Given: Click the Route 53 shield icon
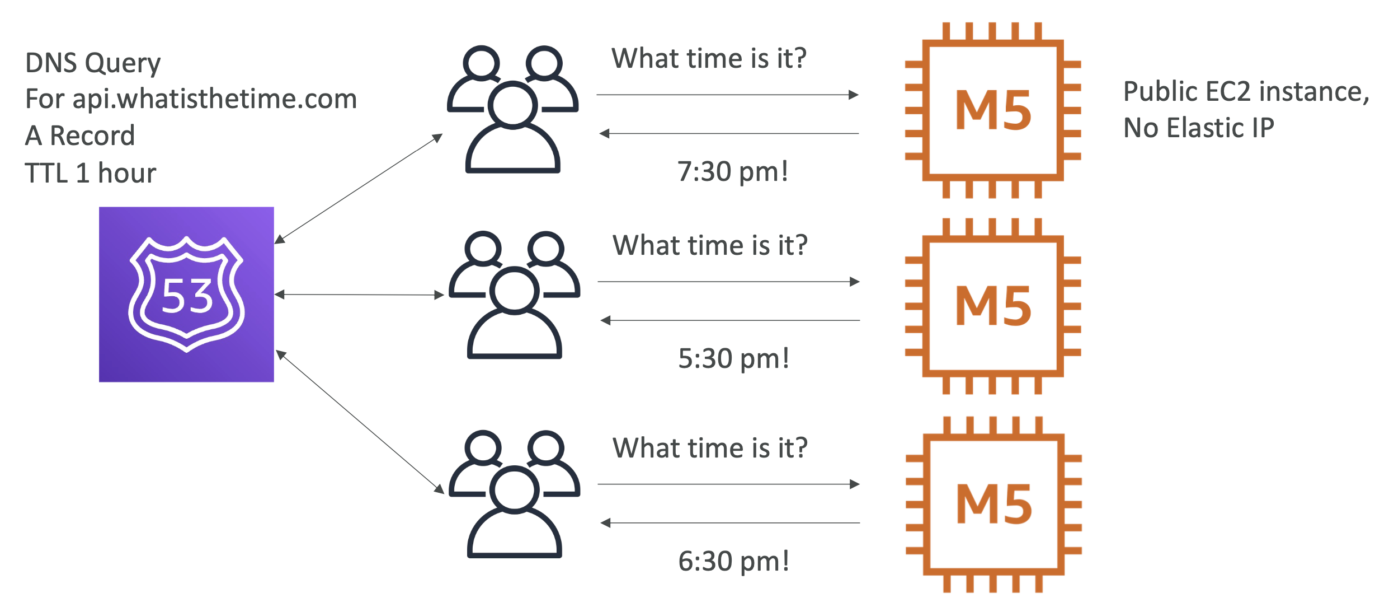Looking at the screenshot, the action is click(x=186, y=295).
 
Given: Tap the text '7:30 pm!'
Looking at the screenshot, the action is click(x=733, y=172).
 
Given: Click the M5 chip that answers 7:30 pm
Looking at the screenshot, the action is click(x=993, y=110).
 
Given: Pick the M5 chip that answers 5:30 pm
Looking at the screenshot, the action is click(x=993, y=306).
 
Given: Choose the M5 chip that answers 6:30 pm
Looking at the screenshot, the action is click(x=993, y=505).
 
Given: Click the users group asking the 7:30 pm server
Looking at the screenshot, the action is click(x=513, y=109).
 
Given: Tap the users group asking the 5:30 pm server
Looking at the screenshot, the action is click(x=515, y=295).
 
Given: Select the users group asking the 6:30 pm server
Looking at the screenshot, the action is click(x=515, y=494).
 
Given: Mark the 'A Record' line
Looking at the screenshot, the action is click(x=80, y=136).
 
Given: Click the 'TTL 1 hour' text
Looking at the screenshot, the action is click(x=91, y=173).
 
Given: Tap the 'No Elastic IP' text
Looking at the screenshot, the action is click(x=1199, y=128).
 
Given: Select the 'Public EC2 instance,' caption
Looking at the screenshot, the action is click(x=1246, y=92).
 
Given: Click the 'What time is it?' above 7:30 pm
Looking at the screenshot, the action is click(x=709, y=58).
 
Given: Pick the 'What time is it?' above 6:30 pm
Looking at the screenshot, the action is click(x=710, y=448).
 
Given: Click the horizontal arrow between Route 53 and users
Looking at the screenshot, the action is click(x=359, y=295).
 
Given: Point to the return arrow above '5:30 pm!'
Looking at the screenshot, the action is click(x=730, y=320).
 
